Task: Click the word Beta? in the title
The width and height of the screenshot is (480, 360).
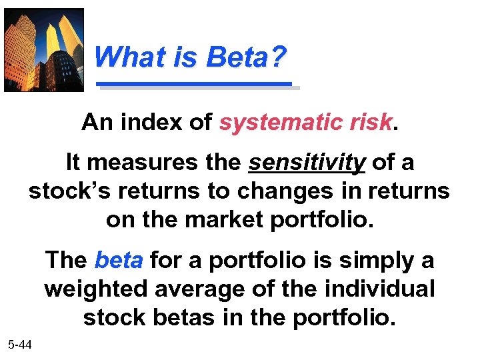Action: (x=247, y=58)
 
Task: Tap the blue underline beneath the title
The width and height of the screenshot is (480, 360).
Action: (x=195, y=85)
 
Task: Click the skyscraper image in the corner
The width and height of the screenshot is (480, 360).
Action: (x=44, y=49)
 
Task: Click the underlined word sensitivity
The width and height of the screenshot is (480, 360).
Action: (x=307, y=162)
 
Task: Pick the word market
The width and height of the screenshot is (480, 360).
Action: (x=226, y=219)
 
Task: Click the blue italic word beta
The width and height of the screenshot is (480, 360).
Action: (x=119, y=260)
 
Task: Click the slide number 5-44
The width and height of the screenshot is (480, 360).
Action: (x=21, y=345)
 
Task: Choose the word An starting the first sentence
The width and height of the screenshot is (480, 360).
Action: (x=94, y=123)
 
